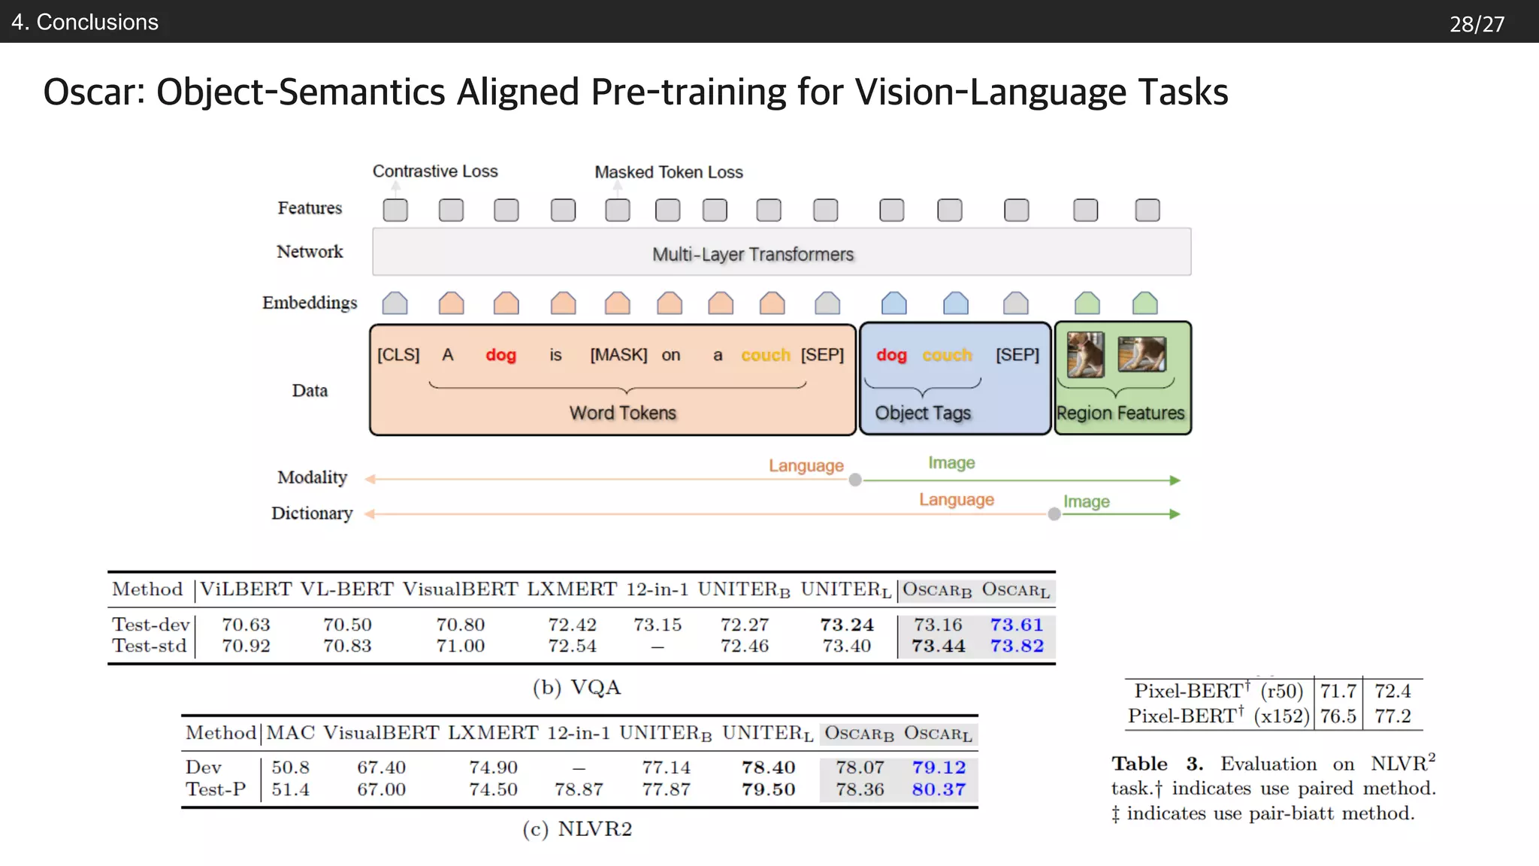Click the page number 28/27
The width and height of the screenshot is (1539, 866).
coord(1477,24)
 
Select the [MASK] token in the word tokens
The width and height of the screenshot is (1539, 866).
coord(618,355)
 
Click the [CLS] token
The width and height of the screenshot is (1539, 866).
coord(398,355)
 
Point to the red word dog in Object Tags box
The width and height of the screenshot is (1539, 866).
coord(891,355)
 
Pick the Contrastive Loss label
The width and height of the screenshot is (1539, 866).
coord(435,171)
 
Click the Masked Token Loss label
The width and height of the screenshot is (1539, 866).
coord(669,172)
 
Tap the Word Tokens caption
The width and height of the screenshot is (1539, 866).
coord(622,413)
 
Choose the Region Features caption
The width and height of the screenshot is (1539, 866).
coord(1120,413)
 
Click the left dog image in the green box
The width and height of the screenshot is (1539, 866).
coord(1085,354)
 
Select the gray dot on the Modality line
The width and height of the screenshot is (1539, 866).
coord(855,480)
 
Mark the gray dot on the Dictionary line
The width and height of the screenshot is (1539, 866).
coord(1054,514)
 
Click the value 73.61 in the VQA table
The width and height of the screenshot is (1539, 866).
coord(1016,625)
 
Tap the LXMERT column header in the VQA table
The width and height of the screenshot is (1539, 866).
coord(572,589)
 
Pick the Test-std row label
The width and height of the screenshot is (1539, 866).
coord(150,646)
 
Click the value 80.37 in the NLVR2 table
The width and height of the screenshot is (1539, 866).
coord(939,789)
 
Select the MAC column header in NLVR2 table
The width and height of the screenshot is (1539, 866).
coord(290,733)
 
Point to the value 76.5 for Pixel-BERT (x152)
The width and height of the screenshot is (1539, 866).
coord(1338,716)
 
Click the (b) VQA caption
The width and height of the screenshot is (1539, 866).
coord(576,687)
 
